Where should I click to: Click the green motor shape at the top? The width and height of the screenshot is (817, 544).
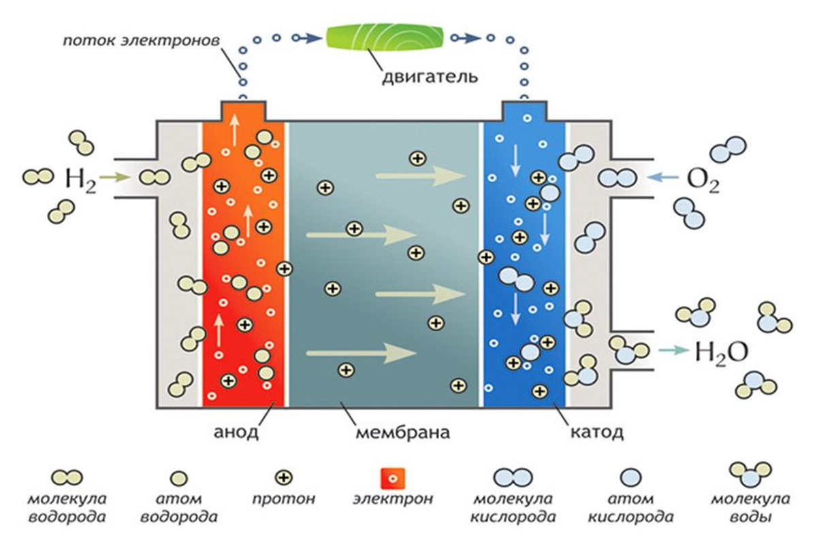pyautogui.click(x=385, y=37)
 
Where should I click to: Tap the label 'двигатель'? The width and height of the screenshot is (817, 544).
pyautogui.click(x=430, y=78)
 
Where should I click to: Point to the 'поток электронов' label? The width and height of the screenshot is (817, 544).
pyautogui.click(x=142, y=41)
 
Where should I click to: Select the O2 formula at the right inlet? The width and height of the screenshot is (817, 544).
pyautogui.click(x=703, y=180)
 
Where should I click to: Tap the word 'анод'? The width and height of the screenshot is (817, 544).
pyautogui.click(x=236, y=432)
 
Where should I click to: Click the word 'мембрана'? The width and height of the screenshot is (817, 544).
pyautogui.click(x=402, y=432)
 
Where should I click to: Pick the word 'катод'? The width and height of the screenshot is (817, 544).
pyautogui.click(x=597, y=432)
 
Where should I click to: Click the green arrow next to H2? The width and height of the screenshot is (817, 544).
pyautogui.click(x=114, y=177)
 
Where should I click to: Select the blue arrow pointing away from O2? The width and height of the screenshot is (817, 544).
pyautogui.click(x=662, y=177)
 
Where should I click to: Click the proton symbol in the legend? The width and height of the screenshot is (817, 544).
pyautogui.click(x=284, y=477)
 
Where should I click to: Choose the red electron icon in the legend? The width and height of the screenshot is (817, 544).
pyautogui.click(x=392, y=478)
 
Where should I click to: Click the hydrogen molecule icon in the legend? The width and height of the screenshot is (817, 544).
pyautogui.click(x=67, y=477)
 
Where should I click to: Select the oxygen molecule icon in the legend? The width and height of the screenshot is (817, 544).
pyautogui.click(x=513, y=477)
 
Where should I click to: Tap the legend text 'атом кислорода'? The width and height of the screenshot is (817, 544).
pyautogui.click(x=630, y=507)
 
